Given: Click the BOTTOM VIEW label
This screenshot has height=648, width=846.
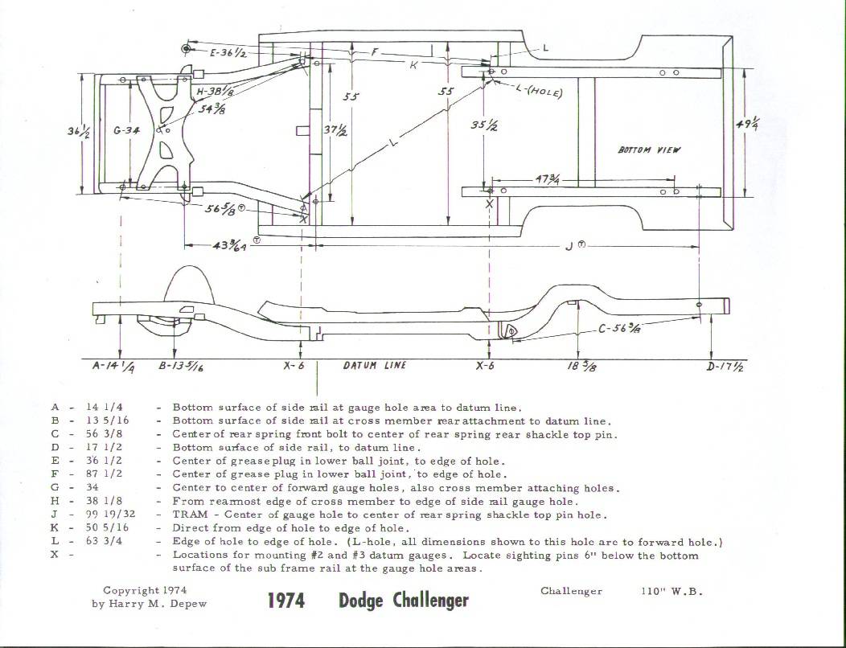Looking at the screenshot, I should (649, 150).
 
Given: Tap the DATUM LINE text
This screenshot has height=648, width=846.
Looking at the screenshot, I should (375, 365).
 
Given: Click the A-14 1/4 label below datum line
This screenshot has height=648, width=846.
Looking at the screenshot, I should (114, 366).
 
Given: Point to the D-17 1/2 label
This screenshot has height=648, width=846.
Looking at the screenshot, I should (724, 367).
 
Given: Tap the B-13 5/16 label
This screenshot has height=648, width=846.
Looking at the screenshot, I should (186, 366).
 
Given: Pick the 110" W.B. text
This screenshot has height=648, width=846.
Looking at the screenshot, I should (672, 591).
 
